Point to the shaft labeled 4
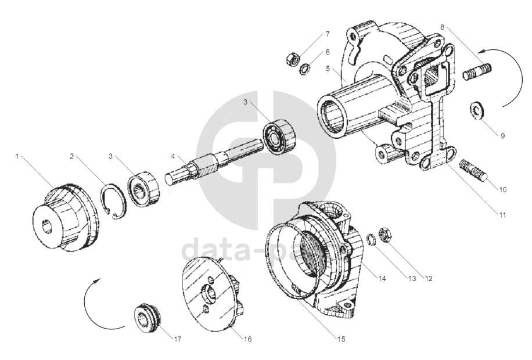(203, 166)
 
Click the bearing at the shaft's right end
(279, 136)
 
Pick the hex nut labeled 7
(293, 59)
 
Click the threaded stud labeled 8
(478, 74)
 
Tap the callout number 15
(342, 339)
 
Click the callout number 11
(502, 215)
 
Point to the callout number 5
(328, 68)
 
